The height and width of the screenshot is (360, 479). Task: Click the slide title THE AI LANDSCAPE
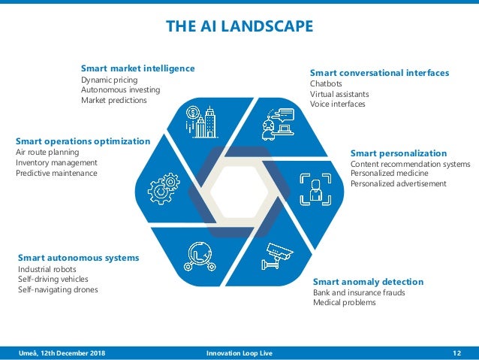click(x=239, y=27)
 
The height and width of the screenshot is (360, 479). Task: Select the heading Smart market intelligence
click(x=137, y=68)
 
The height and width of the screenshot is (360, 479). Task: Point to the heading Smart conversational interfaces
click(x=379, y=73)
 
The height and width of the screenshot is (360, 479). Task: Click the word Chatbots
click(x=326, y=83)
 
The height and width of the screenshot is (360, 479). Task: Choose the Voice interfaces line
click(x=337, y=104)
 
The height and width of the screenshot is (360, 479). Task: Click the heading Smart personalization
click(x=398, y=153)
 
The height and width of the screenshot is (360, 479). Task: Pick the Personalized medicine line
click(x=387, y=174)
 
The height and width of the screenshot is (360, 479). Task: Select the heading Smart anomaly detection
click(x=368, y=282)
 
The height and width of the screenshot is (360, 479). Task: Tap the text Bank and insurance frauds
click(x=358, y=292)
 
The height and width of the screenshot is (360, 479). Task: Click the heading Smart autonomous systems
click(x=78, y=258)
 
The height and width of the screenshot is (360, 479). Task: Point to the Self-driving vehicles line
click(x=53, y=279)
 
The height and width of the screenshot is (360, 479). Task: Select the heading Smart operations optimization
click(x=83, y=141)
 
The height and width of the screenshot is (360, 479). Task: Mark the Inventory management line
click(x=56, y=162)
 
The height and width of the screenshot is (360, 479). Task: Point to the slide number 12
click(x=457, y=353)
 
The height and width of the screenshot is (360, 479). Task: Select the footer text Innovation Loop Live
click(x=239, y=353)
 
